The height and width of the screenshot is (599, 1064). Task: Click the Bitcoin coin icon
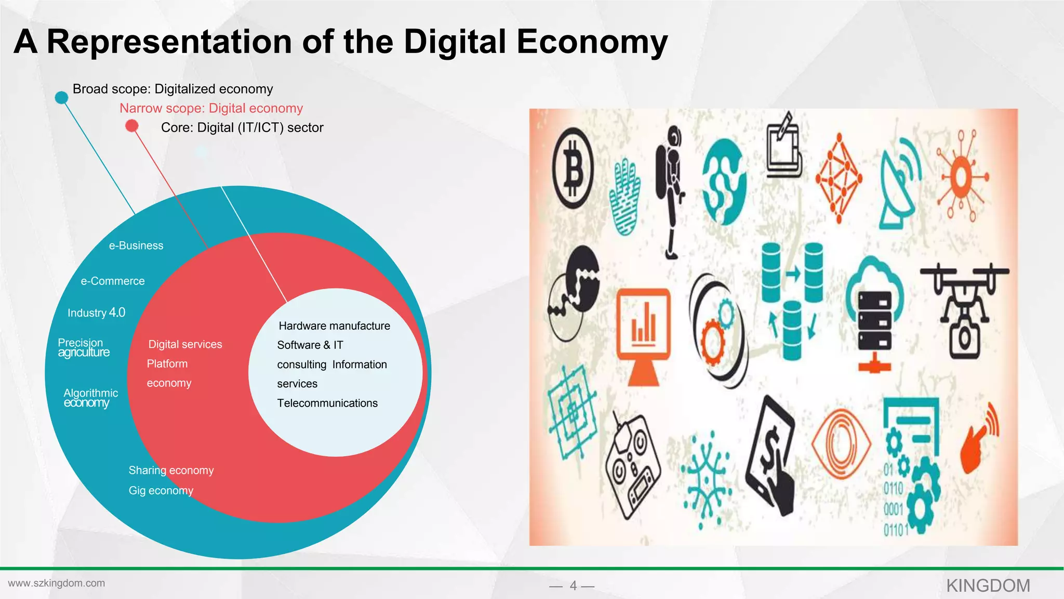pos(573,167)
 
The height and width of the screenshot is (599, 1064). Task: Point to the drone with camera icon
pos(964,310)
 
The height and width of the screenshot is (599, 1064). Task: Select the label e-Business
pos(136,245)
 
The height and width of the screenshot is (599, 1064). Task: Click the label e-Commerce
pos(113,281)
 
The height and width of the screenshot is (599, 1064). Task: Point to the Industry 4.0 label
pos(96,312)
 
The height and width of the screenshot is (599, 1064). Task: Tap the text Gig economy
pos(161,490)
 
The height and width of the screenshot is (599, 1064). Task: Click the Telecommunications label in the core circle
pos(327,403)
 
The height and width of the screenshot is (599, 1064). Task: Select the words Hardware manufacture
pos(334,326)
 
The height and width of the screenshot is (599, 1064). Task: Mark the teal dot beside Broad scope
pos(61,97)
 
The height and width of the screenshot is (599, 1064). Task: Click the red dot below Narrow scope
pos(132,126)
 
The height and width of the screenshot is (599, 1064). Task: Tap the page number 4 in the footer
pos(573,585)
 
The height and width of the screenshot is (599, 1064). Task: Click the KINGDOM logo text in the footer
pos(988,585)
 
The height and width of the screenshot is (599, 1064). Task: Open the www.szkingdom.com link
pos(57,583)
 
